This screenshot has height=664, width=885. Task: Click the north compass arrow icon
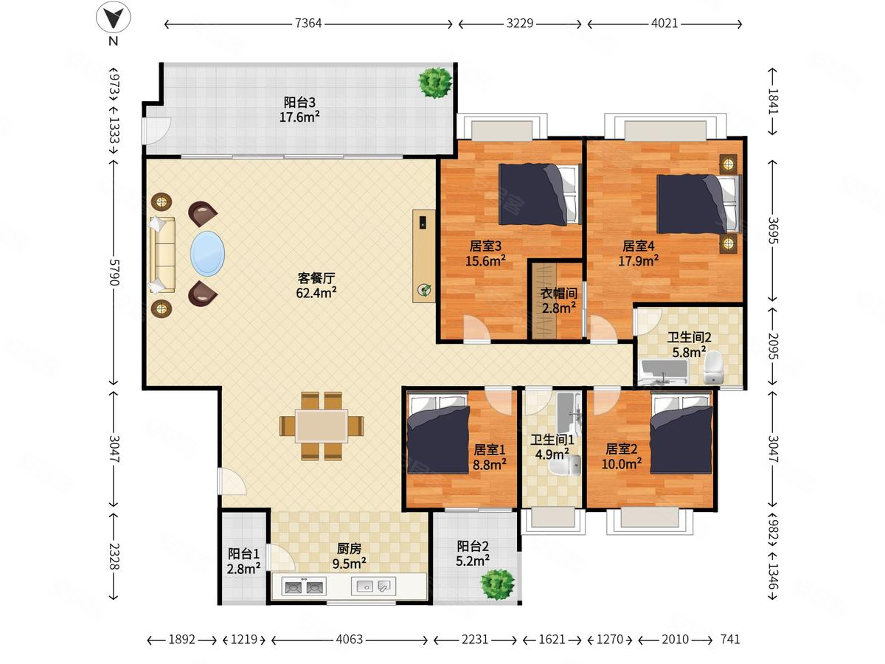[x=114, y=17]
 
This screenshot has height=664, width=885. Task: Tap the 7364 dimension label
[x=308, y=24]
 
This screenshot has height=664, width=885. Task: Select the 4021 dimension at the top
[x=664, y=24]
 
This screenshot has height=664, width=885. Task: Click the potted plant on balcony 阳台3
[x=434, y=83]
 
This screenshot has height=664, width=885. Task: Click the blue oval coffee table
[x=207, y=254]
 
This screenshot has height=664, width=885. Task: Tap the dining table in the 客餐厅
[x=322, y=426]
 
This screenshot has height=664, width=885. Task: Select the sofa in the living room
[x=162, y=255]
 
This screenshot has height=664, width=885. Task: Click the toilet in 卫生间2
[x=714, y=367]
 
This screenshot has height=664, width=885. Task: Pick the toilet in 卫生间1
[x=565, y=466]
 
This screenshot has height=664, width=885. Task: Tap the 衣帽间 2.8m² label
[x=558, y=301]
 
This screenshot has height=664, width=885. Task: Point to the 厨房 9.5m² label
[x=349, y=556]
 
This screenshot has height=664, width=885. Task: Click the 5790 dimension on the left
[x=114, y=272]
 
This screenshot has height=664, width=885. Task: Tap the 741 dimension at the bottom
[x=730, y=640]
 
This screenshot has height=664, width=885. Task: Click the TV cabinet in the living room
[x=424, y=256]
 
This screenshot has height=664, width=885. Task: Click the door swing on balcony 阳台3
[x=156, y=131]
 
